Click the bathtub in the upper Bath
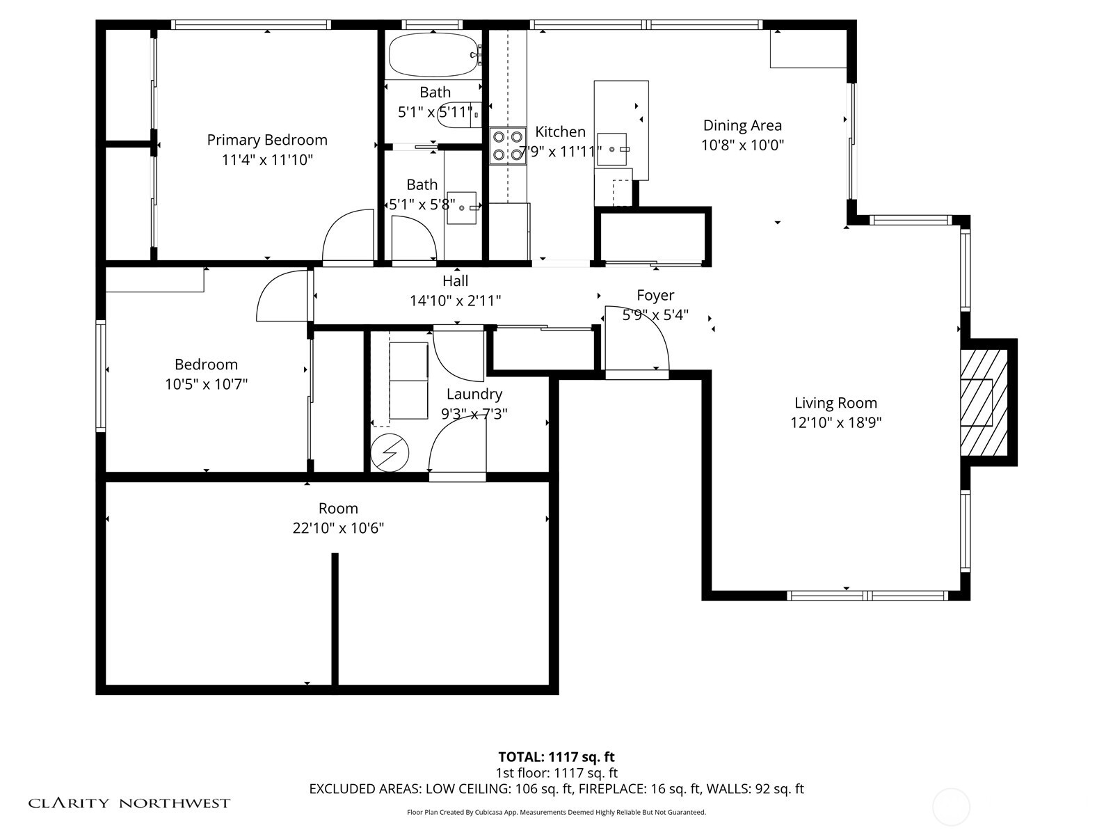pos(433,54)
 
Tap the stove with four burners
pos(507,146)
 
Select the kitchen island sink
pos(612,149)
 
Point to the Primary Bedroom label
pos(267,140)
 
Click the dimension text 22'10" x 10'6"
pos(338,528)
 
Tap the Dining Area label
pos(742,125)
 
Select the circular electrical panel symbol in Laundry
pos(389,453)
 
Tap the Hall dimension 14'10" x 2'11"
pos(455,301)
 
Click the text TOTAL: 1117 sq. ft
pos(556,757)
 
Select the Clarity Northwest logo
pos(129,803)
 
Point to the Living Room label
pos(835,403)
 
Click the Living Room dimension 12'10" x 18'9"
pos(835,422)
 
